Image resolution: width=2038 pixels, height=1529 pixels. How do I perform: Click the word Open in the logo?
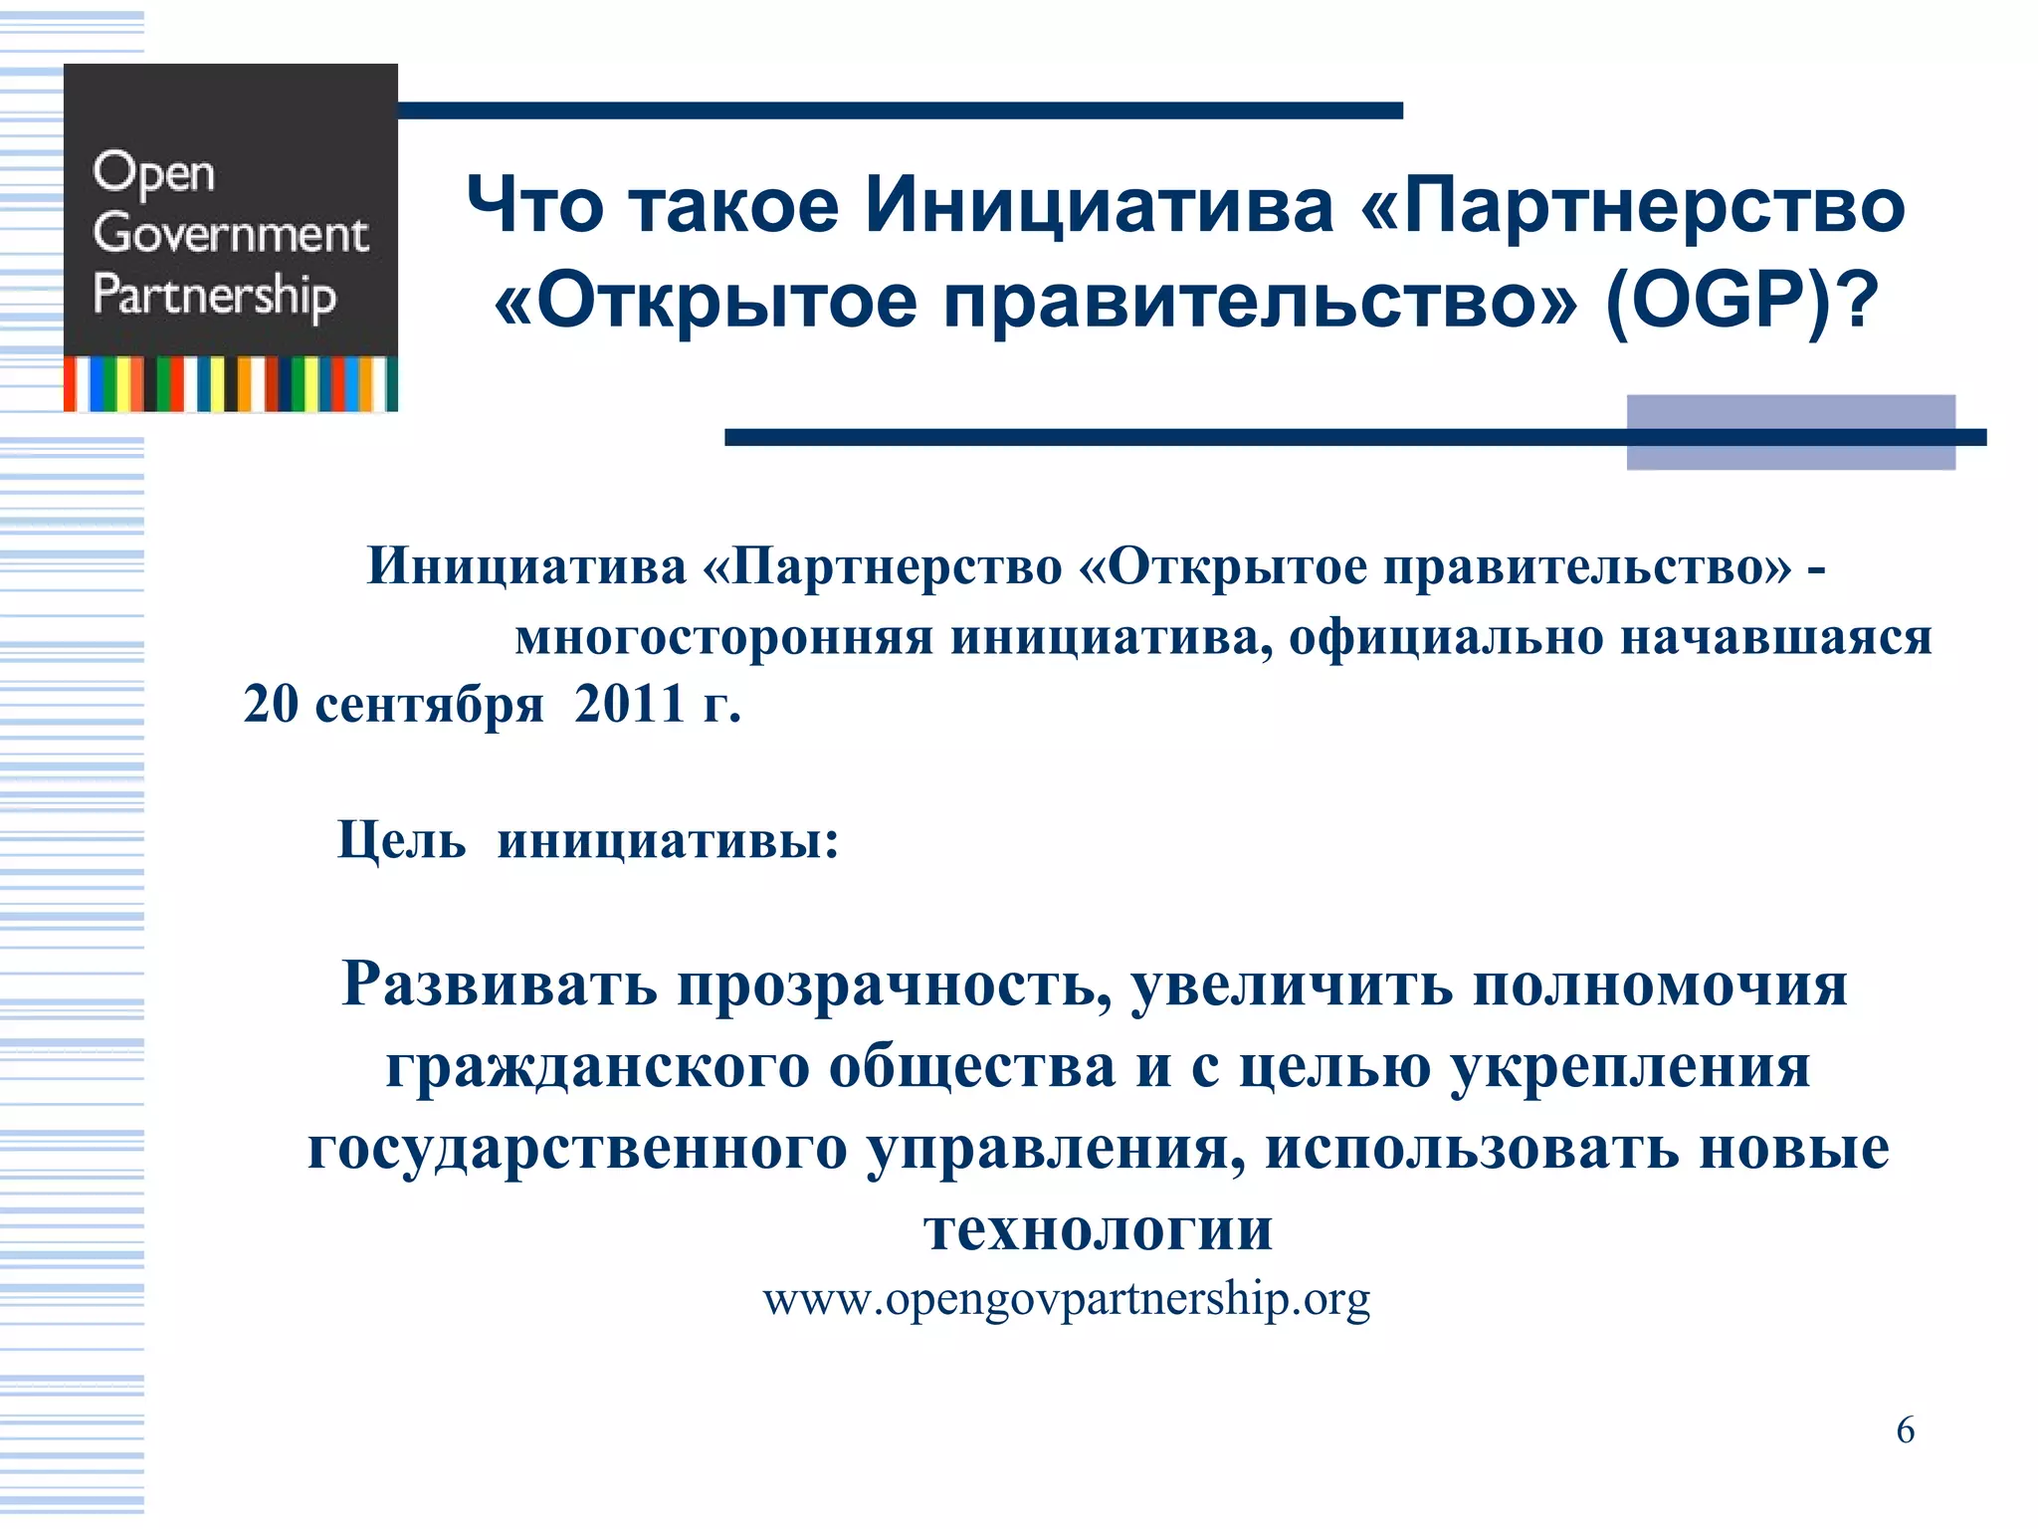pos(153,174)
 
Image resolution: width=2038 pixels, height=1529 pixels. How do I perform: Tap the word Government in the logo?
pos(230,234)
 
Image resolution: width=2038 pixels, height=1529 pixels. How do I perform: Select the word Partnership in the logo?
pos(214,296)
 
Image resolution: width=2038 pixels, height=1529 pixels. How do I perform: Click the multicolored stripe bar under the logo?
pos(231,384)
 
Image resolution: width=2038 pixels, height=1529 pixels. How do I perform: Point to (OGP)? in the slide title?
pos(1741,301)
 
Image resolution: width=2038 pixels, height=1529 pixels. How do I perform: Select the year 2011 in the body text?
pos(629,705)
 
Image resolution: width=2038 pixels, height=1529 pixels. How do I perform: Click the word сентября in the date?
pos(429,707)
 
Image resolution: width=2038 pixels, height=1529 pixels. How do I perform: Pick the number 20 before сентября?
pos(271,705)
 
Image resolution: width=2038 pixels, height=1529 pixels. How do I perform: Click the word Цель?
pos(401,841)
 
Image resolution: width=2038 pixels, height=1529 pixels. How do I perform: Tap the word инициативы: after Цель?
pos(668,841)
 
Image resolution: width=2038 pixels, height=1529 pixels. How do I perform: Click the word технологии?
pos(1098,1230)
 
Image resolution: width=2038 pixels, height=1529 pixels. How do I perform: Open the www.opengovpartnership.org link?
pos(1066,1300)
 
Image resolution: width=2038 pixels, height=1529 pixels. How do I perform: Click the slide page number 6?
pos(1905,1430)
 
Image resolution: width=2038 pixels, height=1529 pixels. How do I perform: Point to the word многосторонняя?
pos(723,638)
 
